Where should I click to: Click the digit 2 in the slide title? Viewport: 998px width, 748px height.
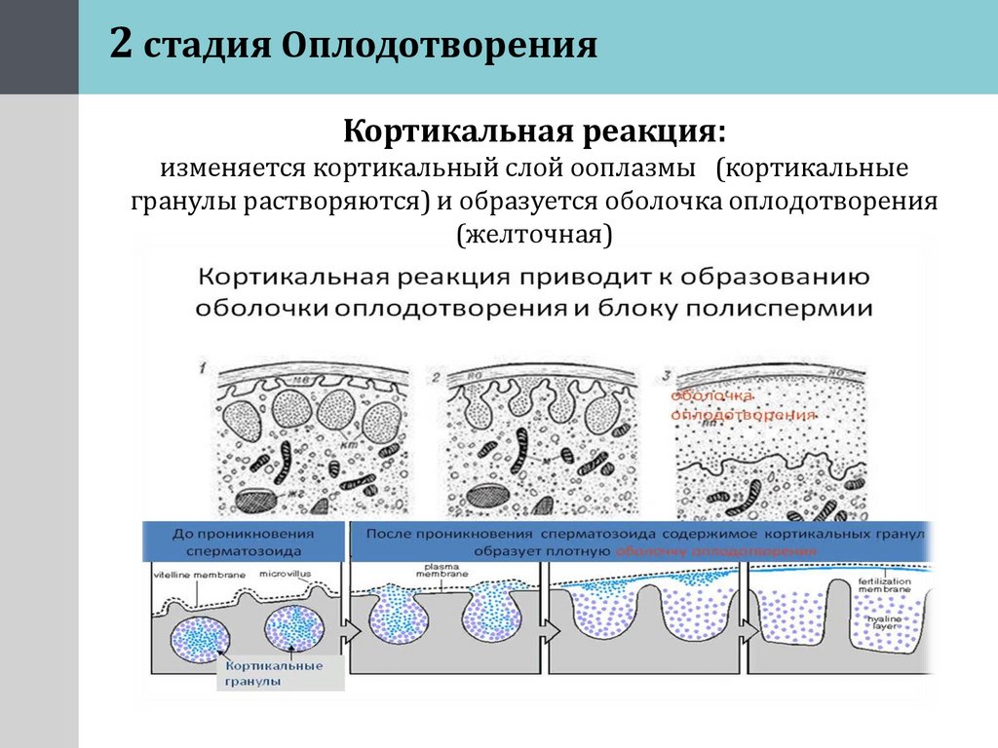(x=121, y=45)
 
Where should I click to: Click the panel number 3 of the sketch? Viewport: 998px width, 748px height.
(x=667, y=373)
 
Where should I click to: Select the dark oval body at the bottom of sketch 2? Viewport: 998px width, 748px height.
(x=488, y=497)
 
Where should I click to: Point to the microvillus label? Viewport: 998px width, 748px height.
(x=286, y=575)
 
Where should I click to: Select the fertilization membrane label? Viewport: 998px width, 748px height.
(x=885, y=585)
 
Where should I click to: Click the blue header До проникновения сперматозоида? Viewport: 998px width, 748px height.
(x=243, y=541)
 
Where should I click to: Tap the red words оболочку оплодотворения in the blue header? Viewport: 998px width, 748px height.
(x=714, y=550)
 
